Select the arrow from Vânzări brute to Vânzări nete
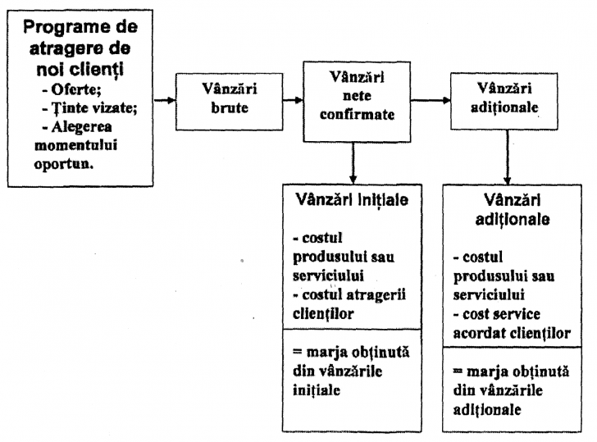[x=287, y=102]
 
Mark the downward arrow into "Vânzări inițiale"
[x=352, y=160]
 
